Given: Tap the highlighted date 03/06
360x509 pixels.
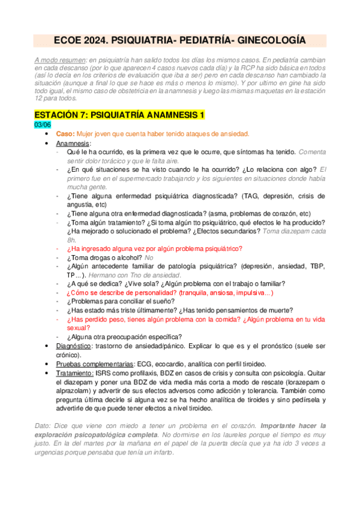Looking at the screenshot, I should click(x=43, y=124).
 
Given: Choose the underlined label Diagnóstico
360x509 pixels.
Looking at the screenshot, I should click(x=75, y=346).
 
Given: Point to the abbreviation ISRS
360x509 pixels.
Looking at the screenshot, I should click(x=104, y=373).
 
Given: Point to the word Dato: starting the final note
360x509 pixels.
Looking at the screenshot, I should click(x=44, y=426).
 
